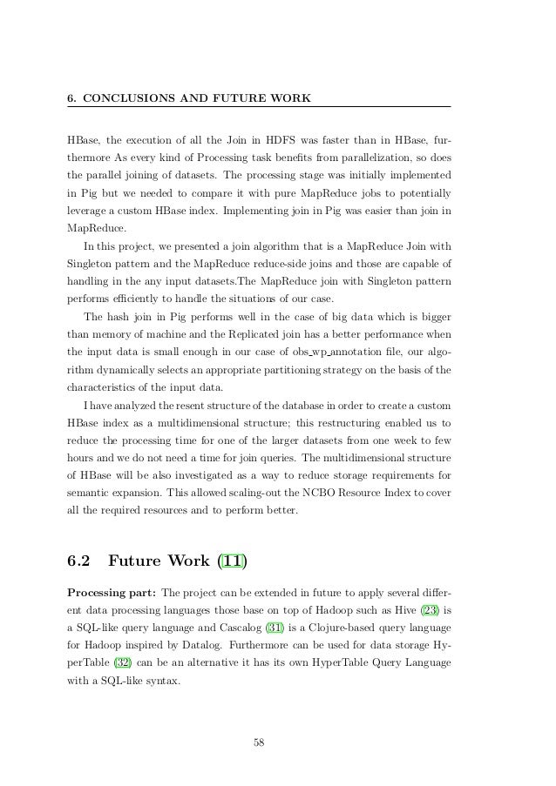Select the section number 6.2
point(84,561)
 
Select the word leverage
point(87,211)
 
